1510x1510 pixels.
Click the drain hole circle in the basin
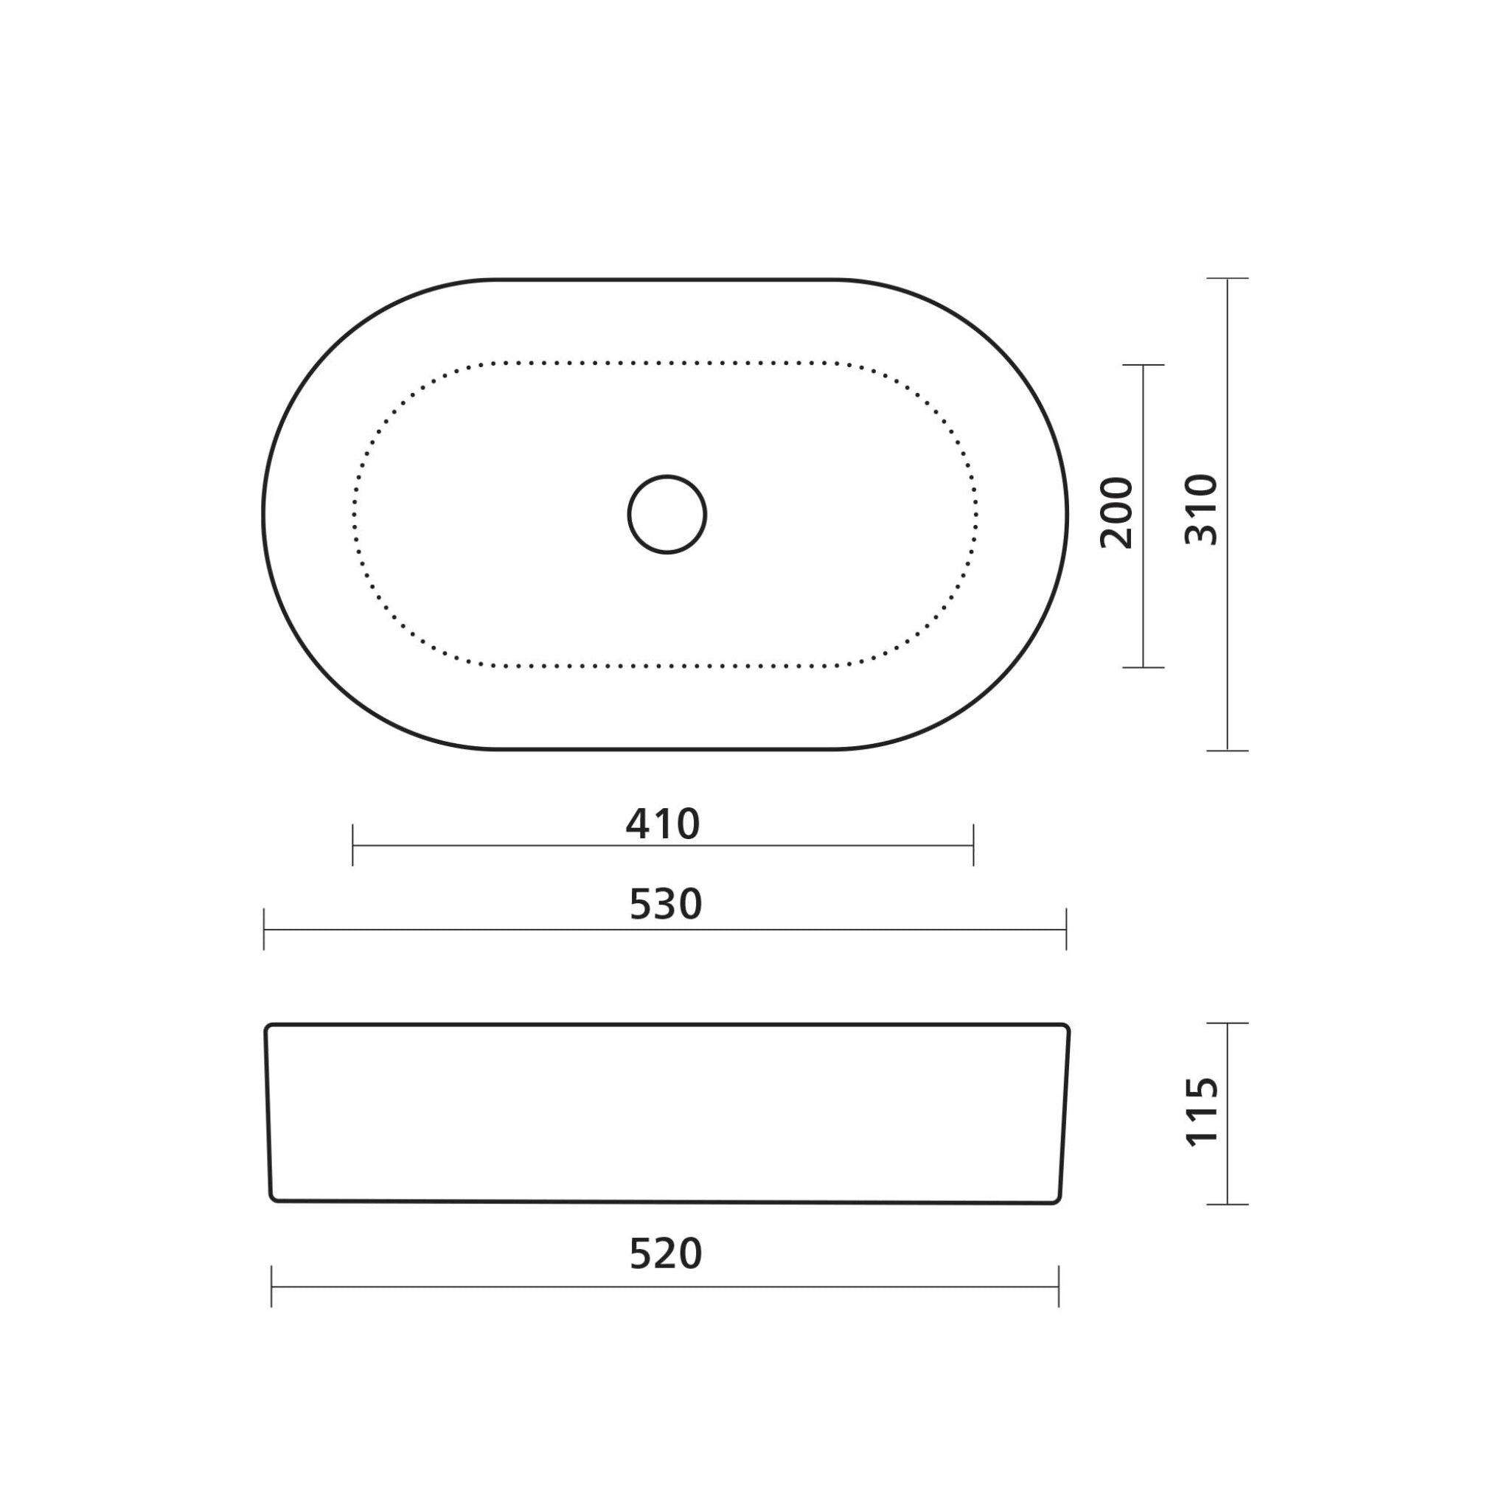(x=667, y=515)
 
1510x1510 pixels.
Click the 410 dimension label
(x=663, y=824)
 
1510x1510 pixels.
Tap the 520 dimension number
(x=666, y=1253)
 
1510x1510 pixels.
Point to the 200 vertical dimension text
(x=1116, y=513)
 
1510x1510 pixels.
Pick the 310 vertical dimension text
(x=1201, y=510)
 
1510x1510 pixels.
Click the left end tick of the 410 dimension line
(x=353, y=845)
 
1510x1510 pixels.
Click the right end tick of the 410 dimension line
(x=973, y=845)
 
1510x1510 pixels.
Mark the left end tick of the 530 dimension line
(x=264, y=929)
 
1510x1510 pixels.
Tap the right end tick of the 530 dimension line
(x=1066, y=929)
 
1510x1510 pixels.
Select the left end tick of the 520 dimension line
(x=271, y=1287)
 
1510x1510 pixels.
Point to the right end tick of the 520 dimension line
(x=1058, y=1287)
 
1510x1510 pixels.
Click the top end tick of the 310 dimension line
(x=1227, y=278)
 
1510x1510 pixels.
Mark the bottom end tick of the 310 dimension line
(x=1227, y=751)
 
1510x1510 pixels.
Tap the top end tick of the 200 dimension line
(x=1144, y=365)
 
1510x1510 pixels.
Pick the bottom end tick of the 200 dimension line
(x=1144, y=667)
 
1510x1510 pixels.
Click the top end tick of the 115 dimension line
(x=1227, y=1023)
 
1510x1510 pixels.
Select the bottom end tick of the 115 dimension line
(x=1227, y=1205)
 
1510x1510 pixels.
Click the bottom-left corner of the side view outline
(x=273, y=1198)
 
